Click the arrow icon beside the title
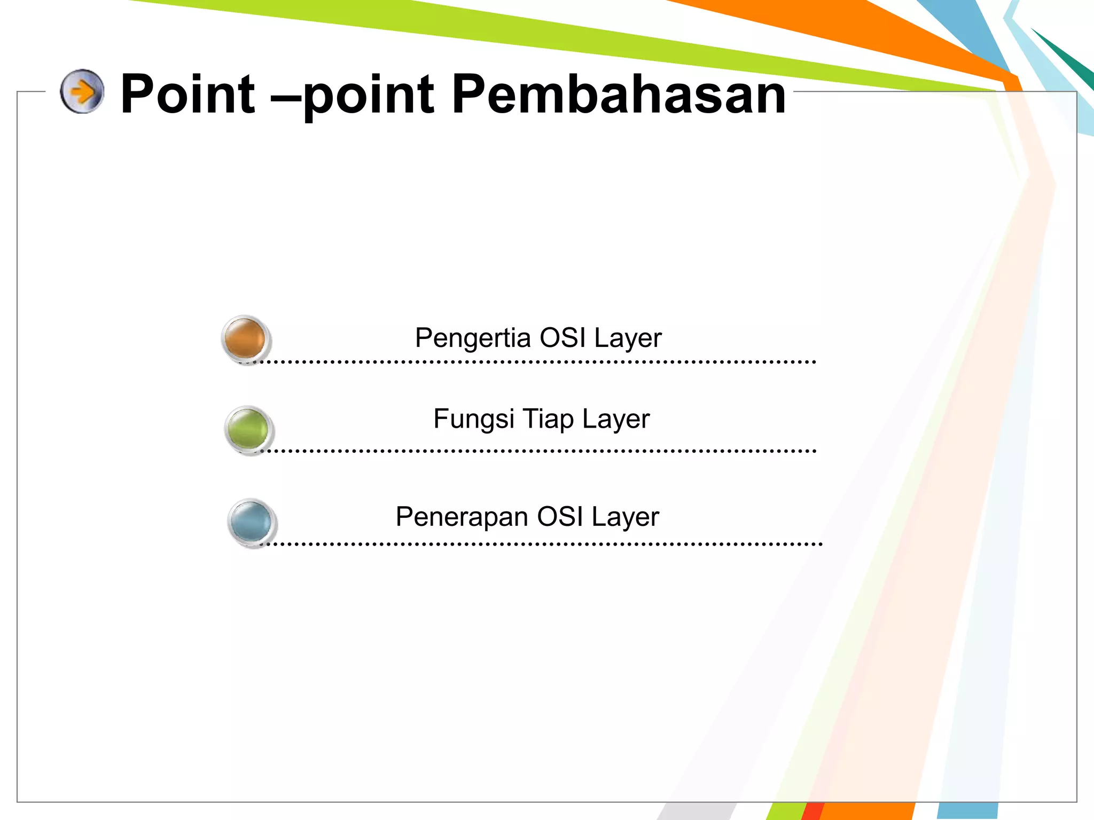click(x=82, y=91)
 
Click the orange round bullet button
click(x=245, y=338)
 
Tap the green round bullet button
click(x=248, y=429)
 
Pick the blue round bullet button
click(x=251, y=522)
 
